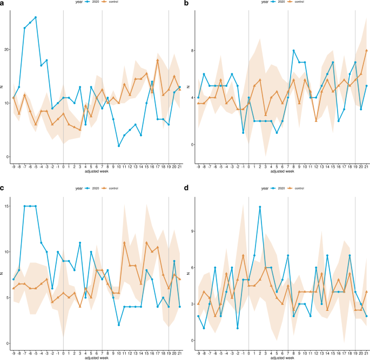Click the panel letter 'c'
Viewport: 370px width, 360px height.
[2, 187]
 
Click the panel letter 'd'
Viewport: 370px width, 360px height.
[187, 187]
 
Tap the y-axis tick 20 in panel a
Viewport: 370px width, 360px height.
[6, 49]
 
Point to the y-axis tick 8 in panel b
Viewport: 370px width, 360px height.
[192, 51]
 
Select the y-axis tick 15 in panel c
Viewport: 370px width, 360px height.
[6, 206]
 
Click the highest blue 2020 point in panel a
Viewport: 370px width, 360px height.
[36, 17]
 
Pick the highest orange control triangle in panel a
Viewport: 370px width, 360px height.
[157, 60]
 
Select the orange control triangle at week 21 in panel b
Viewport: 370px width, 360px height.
[367, 51]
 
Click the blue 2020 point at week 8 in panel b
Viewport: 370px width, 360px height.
[293, 51]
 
